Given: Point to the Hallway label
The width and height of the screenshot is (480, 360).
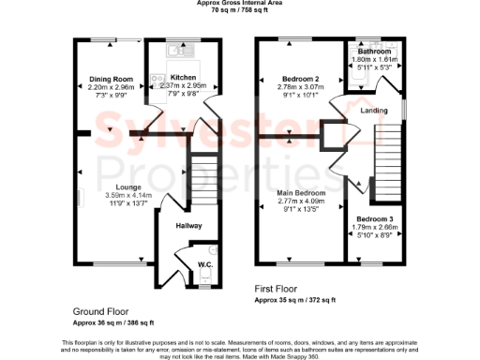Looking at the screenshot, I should pyautogui.click(x=189, y=225).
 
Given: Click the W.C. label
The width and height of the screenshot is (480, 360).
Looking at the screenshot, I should pyautogui.click(x=203, y=264).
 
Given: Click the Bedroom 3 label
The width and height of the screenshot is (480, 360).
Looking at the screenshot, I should pyautogui.click(x=368, y=218).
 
